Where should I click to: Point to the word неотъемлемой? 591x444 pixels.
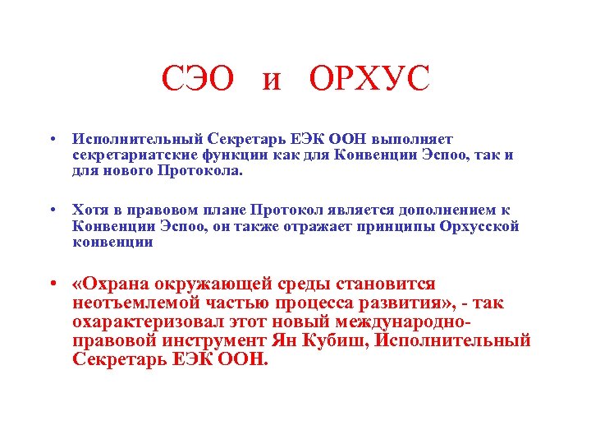131,303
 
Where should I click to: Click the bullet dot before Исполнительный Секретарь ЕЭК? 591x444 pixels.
52,139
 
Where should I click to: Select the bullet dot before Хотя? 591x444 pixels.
52,210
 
